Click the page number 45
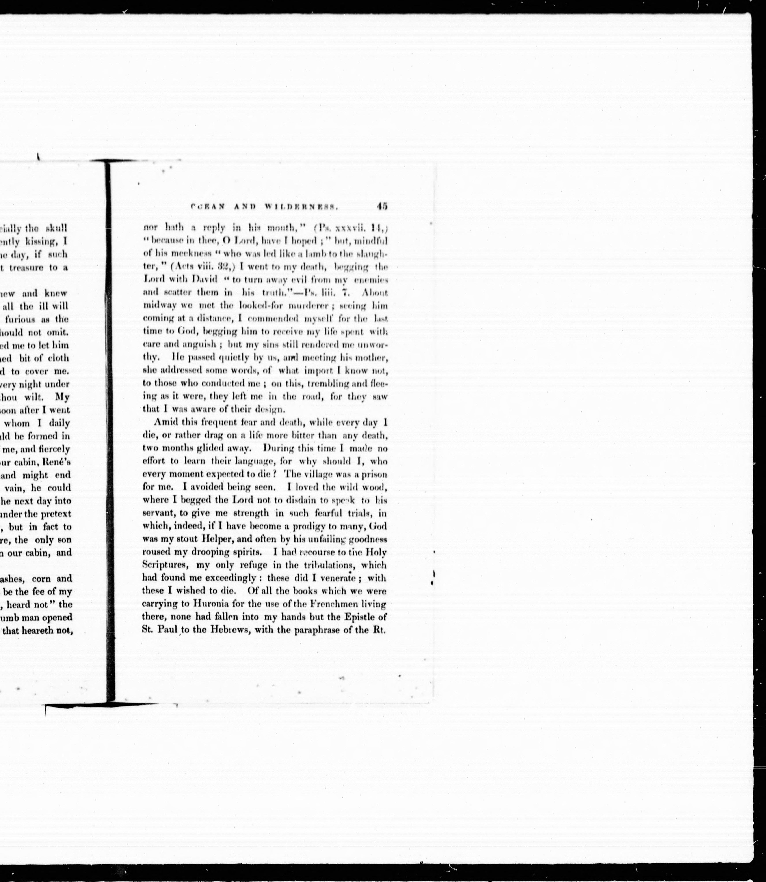point(382,206)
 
